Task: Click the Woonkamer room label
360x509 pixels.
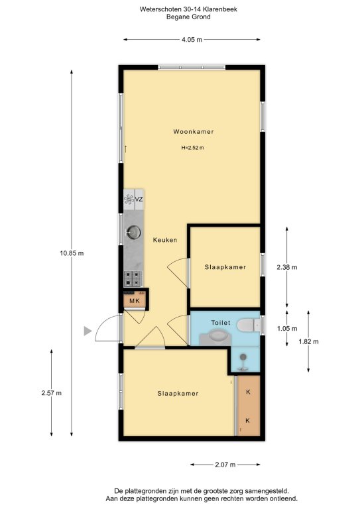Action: tap(194, 131)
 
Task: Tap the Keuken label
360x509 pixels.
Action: tap(165, 240)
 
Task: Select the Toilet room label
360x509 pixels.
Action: tap(221, 323)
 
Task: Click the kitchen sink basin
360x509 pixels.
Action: tap(133, 232)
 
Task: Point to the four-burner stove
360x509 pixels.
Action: tap(133, 279)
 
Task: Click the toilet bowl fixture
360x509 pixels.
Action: tap(248, 325)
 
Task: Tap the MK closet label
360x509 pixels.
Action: tap(135, 301)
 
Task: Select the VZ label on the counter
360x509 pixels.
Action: tap(139, 199)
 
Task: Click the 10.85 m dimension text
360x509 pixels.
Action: tap(72, 253)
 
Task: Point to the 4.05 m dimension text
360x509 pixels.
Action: tap(192, 40)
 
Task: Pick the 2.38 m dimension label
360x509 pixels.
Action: tap(287, 267)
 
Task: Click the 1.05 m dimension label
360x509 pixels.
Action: tap(287, 329)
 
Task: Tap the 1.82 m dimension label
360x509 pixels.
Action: tap(308, 341)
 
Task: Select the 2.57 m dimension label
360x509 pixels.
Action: tap(51, 393)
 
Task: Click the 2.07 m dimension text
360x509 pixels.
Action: tap(225, 465)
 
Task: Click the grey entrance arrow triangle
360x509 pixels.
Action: tap(88, 331)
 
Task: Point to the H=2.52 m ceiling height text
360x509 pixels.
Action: tap(193, 148)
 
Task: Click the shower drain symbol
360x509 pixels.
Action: tap(243, 357)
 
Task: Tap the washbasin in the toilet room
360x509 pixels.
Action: tap(217, 335)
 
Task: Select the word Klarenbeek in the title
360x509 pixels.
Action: tap(221, 9)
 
